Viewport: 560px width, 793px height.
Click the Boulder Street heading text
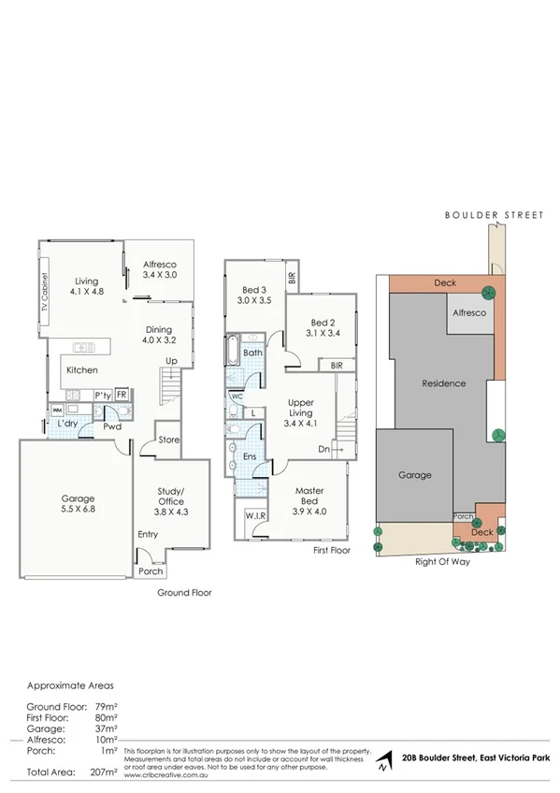point(493,215)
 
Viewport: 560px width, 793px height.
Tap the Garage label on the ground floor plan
point(78,498)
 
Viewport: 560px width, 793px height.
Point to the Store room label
point(168,439)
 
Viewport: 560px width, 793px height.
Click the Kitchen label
point(81,370)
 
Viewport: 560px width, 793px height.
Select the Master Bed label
point(309,497)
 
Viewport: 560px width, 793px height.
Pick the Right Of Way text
point(441,562)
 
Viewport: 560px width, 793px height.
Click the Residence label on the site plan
point(443,383)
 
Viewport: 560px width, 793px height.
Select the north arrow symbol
point(384,765)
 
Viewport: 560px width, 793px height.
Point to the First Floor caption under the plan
point(331,552)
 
